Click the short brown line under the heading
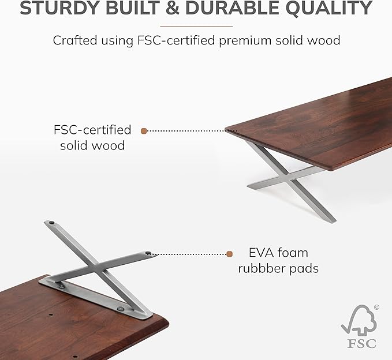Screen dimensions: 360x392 pos(196,26)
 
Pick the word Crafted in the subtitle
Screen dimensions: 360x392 pos(73,40)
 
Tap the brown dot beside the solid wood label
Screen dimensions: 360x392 pos(144,131)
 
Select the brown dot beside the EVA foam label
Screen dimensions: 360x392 pos(229,253)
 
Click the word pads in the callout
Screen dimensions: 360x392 pos(307,268)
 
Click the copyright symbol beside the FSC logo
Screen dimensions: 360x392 pos(376,307)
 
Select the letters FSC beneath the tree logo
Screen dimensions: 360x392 pos(362,343)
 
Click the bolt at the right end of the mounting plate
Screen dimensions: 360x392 pos(120,309)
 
